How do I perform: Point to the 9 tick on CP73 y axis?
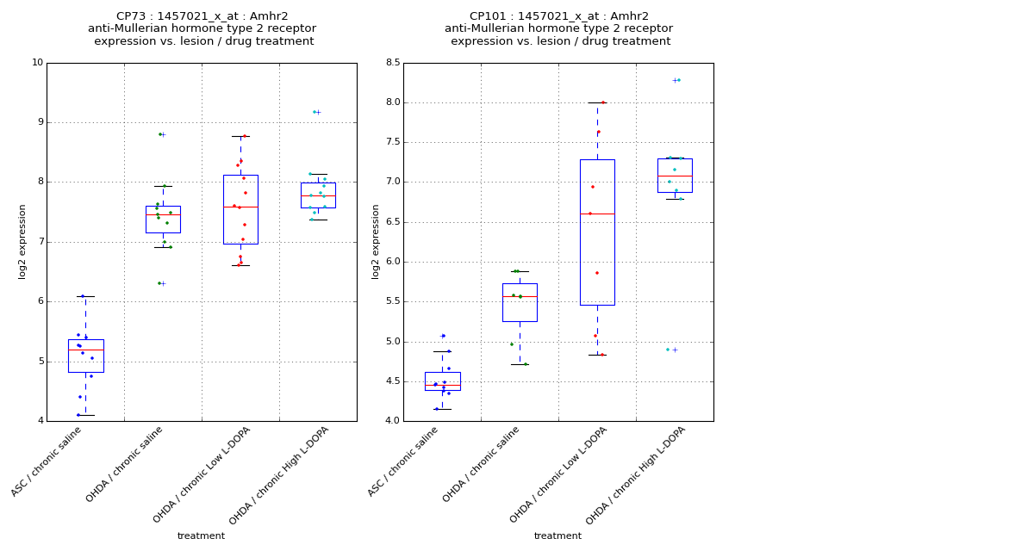click(x=38, y=122)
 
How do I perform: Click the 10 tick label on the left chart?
click(x=37, y=63)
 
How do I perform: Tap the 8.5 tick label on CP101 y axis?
click(x=391, y=63)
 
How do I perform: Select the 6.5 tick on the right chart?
click(x=391, y=222)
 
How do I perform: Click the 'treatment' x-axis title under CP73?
click(x=201, y=536)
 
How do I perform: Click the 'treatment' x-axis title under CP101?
click(x=557, y=536)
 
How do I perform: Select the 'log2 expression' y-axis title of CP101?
click(x=376, y=241)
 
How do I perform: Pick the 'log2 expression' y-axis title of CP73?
click(x=22, y=241)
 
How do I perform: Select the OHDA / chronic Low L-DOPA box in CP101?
click(x=597, y=258)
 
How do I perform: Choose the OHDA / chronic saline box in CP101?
click(x=520, y=302)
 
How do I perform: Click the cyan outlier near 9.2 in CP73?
click(x=316, y=112)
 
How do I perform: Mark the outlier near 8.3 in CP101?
click(x=676, y=80)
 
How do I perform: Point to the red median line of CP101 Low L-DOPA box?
click(x=597, y=214)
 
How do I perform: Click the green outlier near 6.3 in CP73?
click(x=160, y=283)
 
